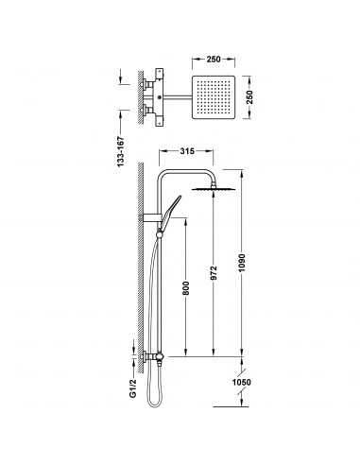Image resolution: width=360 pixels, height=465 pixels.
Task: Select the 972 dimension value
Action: pyautogui.click(x=214, y=273)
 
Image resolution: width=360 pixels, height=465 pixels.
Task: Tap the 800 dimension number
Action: pyautogui.click(x=186, y=288)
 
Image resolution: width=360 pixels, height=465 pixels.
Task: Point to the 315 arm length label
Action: pyautogui.click(x=187, y=151)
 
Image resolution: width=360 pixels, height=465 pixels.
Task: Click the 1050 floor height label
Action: pyautogui.click(x=242, y=382)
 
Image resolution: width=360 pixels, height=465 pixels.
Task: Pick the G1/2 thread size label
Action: pyautogui.click(x=133, y=387)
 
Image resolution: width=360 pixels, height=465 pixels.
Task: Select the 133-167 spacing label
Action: pyautogui.click(x=121, y=152)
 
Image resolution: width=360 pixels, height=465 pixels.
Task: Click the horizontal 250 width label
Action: pyautogui.click(x=214, y=59)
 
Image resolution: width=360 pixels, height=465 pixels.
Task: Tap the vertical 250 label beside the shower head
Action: pyautogui.click(x=249, y=97)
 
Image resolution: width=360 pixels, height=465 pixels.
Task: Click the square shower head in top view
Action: pyautogui.click(x=214, y=97)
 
